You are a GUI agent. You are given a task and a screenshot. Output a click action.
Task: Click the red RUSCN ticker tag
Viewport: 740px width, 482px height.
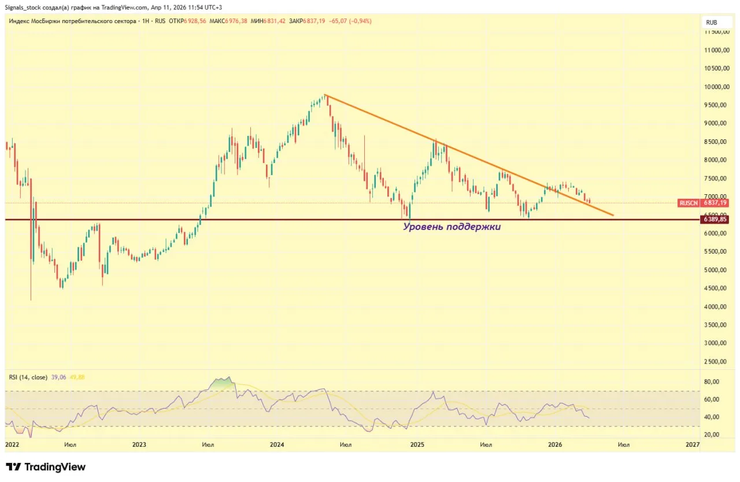689,203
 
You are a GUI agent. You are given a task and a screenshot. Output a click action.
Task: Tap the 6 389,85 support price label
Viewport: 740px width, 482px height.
715,220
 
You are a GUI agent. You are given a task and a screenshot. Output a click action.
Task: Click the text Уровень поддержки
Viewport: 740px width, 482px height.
452,227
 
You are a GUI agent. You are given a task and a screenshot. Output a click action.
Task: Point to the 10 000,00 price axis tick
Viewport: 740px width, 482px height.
716,87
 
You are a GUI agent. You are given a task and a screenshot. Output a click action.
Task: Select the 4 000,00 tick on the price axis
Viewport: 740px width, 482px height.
716,306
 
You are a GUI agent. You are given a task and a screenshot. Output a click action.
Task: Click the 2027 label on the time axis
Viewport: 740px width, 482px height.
692,444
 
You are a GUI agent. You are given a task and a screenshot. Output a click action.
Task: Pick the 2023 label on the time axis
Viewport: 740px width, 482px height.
139,444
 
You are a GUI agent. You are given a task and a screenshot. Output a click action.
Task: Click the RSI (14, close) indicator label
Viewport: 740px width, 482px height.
28,377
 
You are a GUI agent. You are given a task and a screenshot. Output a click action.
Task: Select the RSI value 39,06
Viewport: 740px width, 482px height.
58,377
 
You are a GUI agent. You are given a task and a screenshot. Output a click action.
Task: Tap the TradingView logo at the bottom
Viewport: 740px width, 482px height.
46,467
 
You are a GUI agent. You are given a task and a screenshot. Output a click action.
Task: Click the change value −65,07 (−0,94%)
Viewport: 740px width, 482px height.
350,21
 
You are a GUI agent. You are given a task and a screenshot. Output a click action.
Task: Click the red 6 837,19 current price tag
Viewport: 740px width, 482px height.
715,203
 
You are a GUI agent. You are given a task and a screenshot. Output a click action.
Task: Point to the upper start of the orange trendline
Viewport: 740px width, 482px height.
325,95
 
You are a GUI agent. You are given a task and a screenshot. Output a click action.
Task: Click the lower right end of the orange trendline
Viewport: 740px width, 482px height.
613,216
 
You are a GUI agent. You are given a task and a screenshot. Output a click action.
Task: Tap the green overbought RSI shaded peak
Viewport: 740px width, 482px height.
223,383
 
